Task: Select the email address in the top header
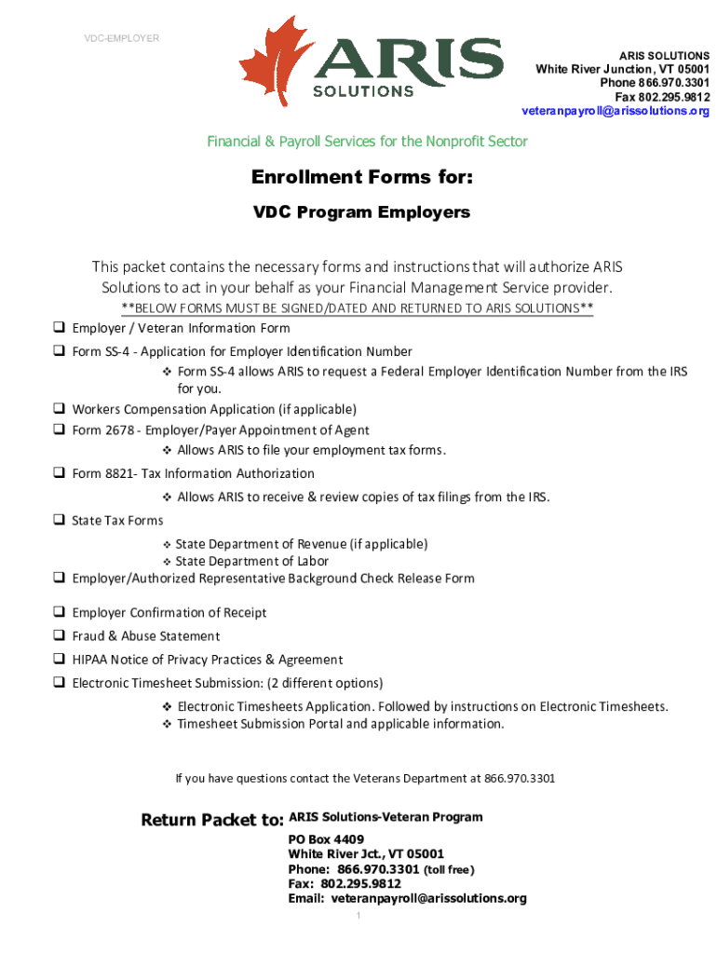[x=615, y=111]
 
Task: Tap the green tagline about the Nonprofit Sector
[x=367, y=142]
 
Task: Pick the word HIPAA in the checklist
[x=91, y=660]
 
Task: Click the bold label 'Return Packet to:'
[x=211, y=820]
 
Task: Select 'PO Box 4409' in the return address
[x=319, y=839]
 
